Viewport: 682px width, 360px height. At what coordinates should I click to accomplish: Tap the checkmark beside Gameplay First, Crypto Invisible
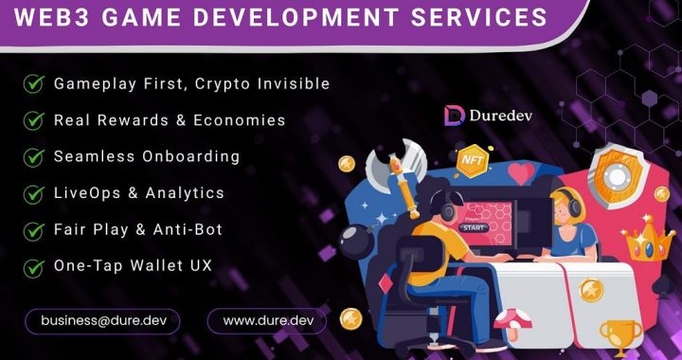(x=34, y=83)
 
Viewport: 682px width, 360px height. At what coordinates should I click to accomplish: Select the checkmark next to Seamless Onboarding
(x=34, y=156)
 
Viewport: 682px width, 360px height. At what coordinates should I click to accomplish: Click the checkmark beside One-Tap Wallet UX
(x=34, y=266)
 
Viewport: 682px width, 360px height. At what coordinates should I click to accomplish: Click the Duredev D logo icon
(x=454, y=116)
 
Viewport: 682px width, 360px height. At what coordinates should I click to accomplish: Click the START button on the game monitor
(x=473, y=227)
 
